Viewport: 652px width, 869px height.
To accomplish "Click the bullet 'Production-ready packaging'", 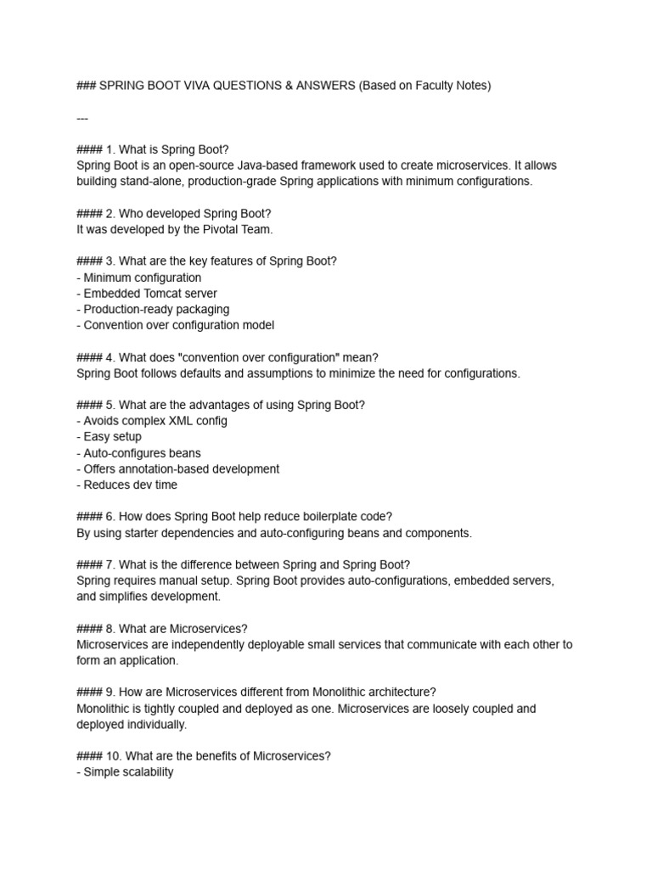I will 153,309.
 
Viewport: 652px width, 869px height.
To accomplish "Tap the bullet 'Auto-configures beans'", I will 138,453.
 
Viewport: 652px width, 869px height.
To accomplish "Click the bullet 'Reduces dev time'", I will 126,485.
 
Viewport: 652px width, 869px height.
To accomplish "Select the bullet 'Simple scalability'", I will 126,772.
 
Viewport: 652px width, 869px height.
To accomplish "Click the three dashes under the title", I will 82,118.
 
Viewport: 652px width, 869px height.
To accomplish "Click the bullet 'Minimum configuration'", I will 139,278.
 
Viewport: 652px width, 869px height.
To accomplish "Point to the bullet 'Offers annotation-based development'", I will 177,469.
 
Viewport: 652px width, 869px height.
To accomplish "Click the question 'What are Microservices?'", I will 183,629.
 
